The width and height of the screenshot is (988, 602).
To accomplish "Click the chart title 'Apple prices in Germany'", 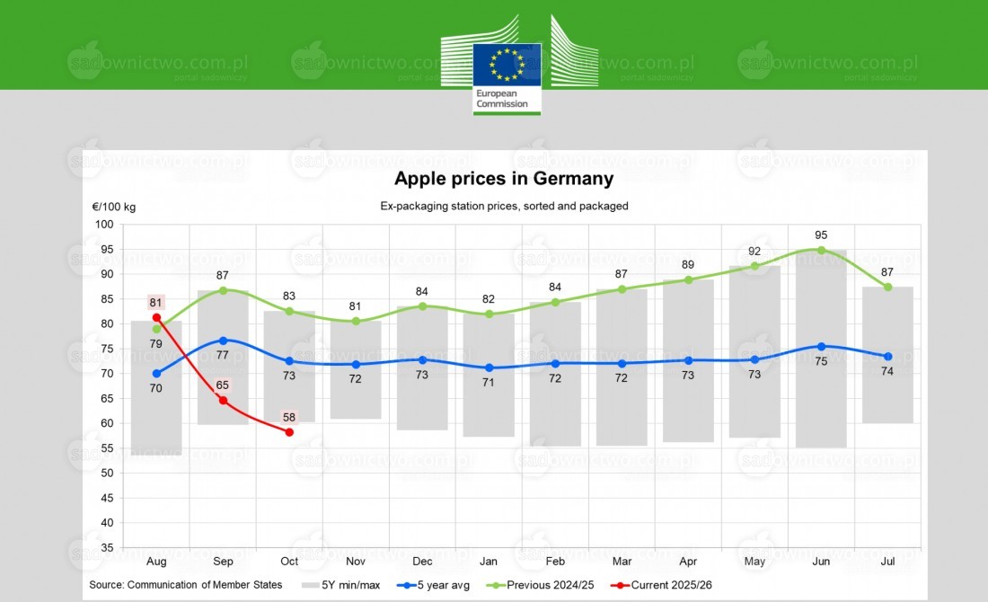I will tap(504, 179).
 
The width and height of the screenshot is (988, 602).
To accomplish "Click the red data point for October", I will tap(289, 432).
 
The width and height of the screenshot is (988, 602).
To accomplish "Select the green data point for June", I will tap(821, 250).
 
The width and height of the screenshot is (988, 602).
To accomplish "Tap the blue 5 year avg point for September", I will tap(223, 341).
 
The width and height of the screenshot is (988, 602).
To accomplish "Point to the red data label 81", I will tap(156, 302).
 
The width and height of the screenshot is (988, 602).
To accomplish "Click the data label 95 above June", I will tap(821, 235).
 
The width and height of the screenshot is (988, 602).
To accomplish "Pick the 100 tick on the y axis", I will tap(105, 225).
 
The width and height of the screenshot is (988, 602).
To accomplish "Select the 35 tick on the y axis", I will tap(107, 547).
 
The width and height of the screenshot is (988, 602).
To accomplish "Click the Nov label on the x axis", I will tap(356, 562).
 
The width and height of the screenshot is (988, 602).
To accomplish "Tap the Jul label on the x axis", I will tap(887, 562).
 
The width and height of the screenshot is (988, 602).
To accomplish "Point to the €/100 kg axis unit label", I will tap(114, 207).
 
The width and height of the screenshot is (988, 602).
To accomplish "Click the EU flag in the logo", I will tap(507, 64).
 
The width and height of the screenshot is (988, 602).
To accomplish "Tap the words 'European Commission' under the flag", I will tap(502, 99).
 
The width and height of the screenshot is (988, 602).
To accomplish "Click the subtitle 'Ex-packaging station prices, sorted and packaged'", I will tap(504, 206).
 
